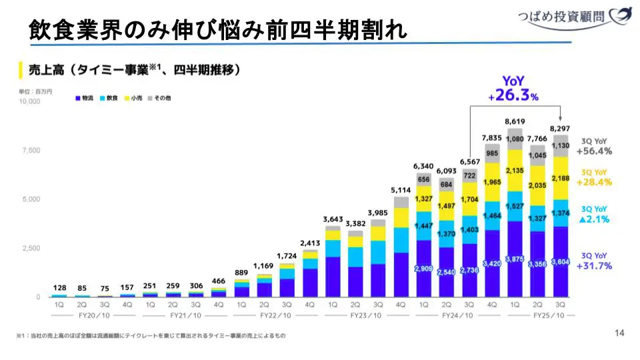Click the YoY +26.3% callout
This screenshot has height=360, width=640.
click(x=513, y=89)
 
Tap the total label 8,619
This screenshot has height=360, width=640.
click(x=515, y=122)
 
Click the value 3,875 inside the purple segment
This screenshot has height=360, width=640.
click(x=515, y=259)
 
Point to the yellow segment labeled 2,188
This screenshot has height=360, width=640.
click(x=561, y=178)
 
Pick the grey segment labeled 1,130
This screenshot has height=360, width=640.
click(x=561, y=146)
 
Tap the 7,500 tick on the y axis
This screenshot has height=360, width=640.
click(x=31, y=151)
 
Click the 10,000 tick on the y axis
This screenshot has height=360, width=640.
click(x=29, y=101)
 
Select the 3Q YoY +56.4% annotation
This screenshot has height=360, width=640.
click(x=594, y=147)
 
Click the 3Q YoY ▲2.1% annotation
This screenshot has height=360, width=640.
click(x=594, y=214)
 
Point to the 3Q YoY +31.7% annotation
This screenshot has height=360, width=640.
click(x=594, y=261)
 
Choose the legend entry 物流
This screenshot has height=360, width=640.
click(x=85, y=98)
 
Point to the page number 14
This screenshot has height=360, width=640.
click(x=619, y=333)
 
